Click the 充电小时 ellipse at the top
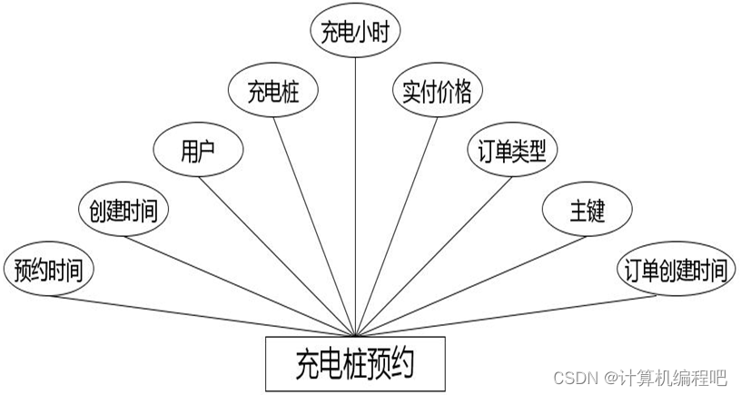coord(355,33)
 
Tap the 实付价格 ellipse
coord(437,91)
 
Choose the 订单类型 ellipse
coord(511,150)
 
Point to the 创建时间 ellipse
coord(123,211)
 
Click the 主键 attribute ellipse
coord(587,211)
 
